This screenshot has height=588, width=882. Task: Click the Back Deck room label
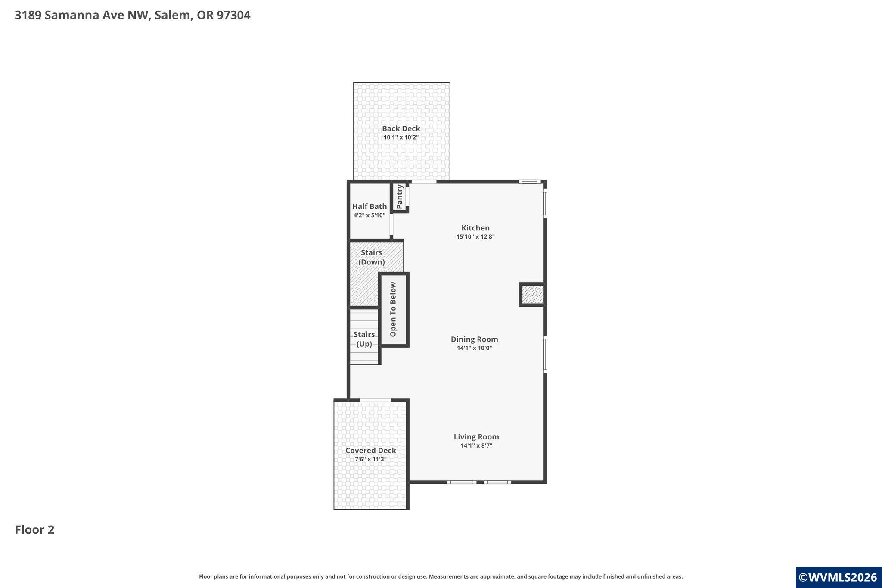[x=401, y=128]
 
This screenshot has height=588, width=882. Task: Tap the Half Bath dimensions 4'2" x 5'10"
[x=370, y=215]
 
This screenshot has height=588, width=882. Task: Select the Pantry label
[x=400, y=197]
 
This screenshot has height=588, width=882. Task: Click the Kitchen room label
[x=475, y=228]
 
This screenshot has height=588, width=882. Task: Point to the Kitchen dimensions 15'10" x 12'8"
[x=475, y=236]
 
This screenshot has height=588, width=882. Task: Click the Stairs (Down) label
[x=372, y=257]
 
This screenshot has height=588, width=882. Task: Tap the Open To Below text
[x=393, y=309]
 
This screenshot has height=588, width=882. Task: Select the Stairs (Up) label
[x=364, y=339]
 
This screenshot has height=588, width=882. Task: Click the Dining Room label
[x=475, y=339]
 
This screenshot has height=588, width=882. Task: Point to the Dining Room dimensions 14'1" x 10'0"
[x=475, y=348]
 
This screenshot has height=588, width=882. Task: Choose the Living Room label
[x=476, y=436]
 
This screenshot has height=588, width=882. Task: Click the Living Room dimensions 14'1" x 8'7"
[x=476, y=445]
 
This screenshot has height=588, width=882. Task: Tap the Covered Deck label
[x=371, y=451]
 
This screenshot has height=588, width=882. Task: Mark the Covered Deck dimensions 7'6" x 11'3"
[x=371, y=459]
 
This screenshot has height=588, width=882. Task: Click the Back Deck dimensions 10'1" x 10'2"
[x=401, y=137]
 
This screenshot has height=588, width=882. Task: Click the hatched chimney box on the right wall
[x=532, y=295]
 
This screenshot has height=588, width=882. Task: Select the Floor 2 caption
[x=35, y=530]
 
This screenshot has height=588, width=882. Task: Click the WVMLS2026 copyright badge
[x=839, y=578]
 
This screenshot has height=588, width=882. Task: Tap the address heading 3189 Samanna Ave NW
[x=82, y=15]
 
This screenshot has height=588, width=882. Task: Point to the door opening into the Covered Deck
[x=376, y=400]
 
